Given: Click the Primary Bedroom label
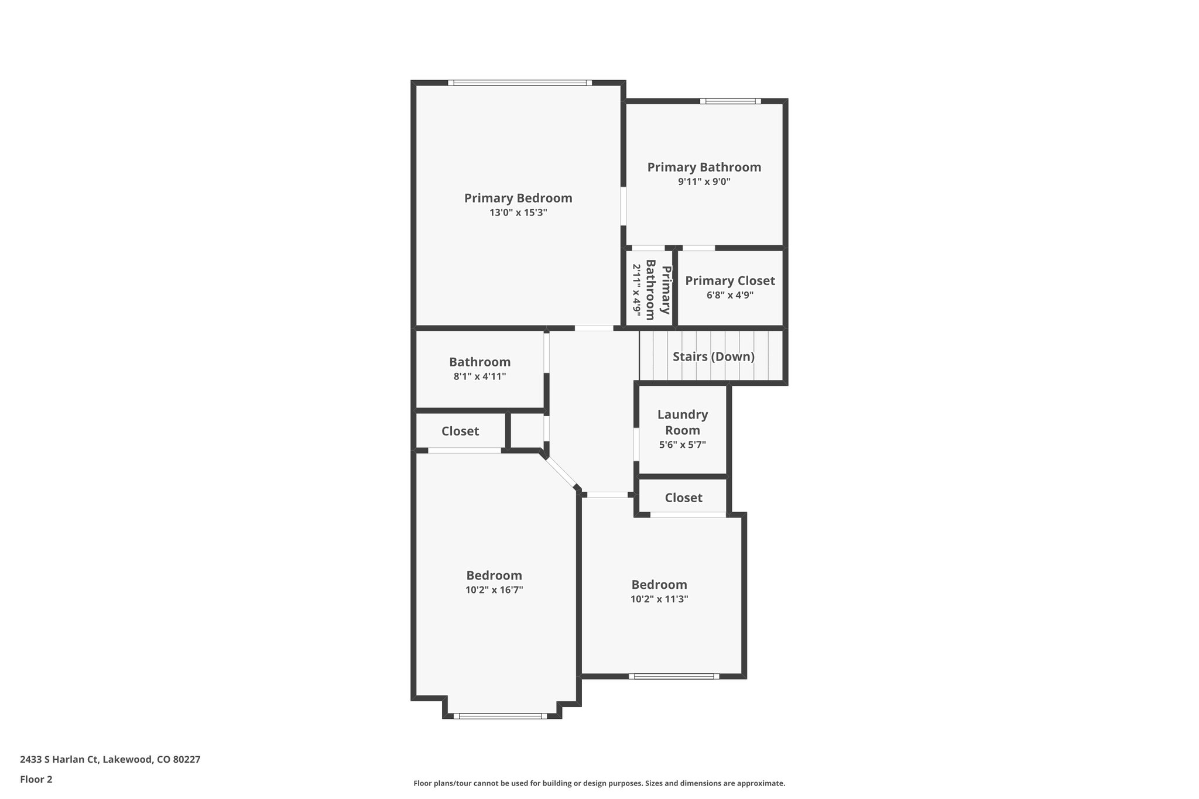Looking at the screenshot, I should point(518,198).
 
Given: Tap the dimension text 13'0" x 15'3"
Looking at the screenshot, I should point(518,212).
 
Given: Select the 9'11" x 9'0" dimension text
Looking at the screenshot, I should point(704,181).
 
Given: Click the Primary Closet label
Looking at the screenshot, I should point(729,280).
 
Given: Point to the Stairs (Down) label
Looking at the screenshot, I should point(713,356).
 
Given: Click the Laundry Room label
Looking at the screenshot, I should point(682,422).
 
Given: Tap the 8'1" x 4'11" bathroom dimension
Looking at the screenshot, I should point(479,376).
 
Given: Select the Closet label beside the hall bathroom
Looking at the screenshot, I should point(460,431).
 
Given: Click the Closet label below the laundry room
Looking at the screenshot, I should point(683,498).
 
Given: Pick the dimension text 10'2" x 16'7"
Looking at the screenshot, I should point(494,590).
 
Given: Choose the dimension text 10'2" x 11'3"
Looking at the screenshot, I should point(659,599).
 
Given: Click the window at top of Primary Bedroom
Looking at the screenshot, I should point(520,83).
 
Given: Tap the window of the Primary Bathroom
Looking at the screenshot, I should point(730,101).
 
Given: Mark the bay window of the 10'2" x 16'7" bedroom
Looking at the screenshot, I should point(500,715).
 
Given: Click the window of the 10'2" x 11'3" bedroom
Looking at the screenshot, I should point(674,676).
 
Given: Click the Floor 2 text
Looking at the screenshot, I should point(36,779).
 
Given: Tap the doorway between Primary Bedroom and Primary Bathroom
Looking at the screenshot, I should point(624,206).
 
